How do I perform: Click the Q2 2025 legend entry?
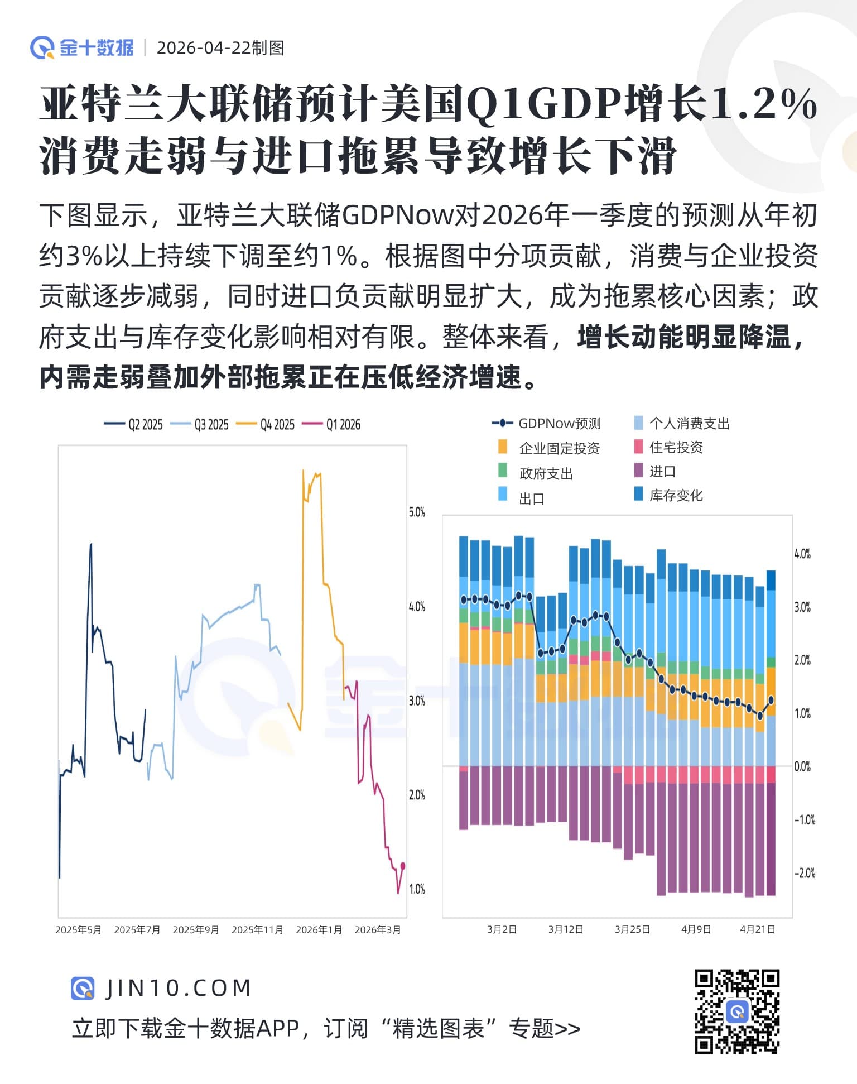[x=134, y=425]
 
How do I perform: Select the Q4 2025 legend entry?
[x=266, y=425]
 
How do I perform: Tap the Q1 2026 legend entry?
[x=332, y=425]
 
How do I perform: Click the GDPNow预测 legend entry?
[x=547, y=424]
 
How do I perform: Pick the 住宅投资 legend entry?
[x=669, y=447]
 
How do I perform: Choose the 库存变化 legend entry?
[x=669, y=495]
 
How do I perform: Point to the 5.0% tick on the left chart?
[x=417, y=512]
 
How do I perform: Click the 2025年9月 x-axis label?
[x=196, y=929]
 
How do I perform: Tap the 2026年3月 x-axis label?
[x=378, y=929]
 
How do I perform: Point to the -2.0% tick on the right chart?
[x=805, y=872]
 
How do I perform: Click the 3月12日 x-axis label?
[x=566, y=929]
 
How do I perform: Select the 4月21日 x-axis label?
[x=758, y=929]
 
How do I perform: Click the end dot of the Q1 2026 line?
[x=403, y=866]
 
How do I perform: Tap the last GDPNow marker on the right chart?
[x=771, y=699]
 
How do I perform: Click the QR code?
[x=736, y=1012]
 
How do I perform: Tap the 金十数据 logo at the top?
[x=83, y=48]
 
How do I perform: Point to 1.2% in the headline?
[x=764, y=104]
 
